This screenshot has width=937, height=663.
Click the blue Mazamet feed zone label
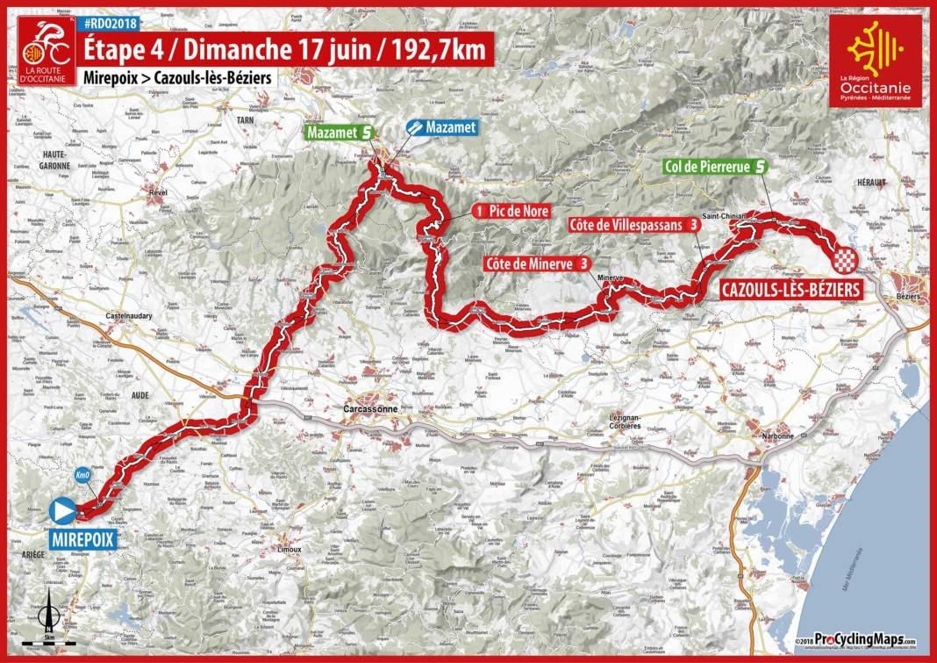pyautogui.click(x=445, y=128)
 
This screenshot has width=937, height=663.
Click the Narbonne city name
pyautogui.click(x=776, y=436)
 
